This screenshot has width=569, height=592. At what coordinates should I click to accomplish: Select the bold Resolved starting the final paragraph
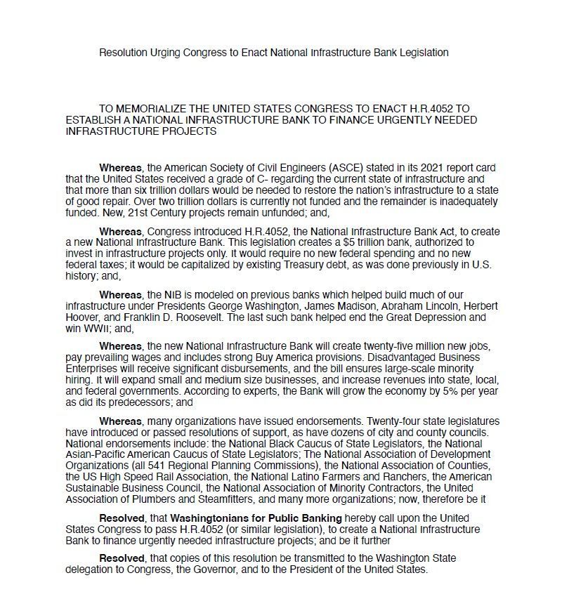[122, 558]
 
